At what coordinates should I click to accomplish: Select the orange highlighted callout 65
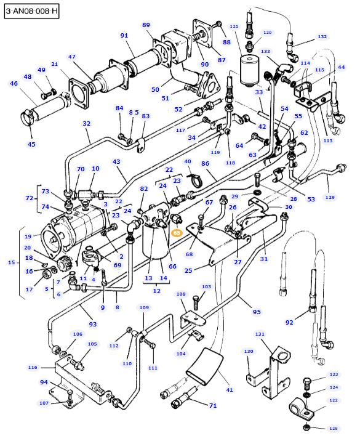pyautogui.click(x=177, y=233)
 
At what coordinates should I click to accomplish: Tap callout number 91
pyautogui.click(x=124, y=36)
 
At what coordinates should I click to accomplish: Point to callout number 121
pyautogui.click(x=234, y=27)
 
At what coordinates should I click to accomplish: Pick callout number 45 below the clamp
pyautogui.click(x=31, y=144)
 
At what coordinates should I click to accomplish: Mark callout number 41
pyautogui.click(x=229, y=390)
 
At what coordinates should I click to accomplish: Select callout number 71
pyautogui.click(x=212, y=406)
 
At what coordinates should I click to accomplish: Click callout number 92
pyautogui.click(x=289, y=322)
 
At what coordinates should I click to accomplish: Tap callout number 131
pyautogui.click(x=260, y=334)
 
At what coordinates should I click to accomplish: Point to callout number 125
pyautogui.click(x=333, y=428)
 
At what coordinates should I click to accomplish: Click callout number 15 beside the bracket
pyautogui.click(x=11, y=263)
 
